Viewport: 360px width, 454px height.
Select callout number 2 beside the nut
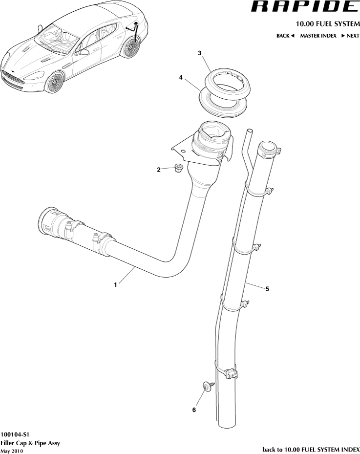159,170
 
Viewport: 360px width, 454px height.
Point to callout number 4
181,77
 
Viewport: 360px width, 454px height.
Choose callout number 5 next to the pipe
267,288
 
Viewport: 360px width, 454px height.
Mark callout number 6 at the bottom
194,410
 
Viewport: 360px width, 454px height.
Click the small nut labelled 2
178,170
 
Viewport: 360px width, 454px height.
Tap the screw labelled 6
206,387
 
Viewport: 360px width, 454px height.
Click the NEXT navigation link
350,36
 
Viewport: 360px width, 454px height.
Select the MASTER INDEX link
318,36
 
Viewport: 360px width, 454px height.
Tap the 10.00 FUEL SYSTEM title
327,24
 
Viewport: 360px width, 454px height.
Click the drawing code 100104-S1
15,433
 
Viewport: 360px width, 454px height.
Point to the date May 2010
12,451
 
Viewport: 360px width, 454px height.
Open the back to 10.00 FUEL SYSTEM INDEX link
311,449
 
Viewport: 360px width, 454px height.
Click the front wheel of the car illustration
55,82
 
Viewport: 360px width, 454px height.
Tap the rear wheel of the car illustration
131,48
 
